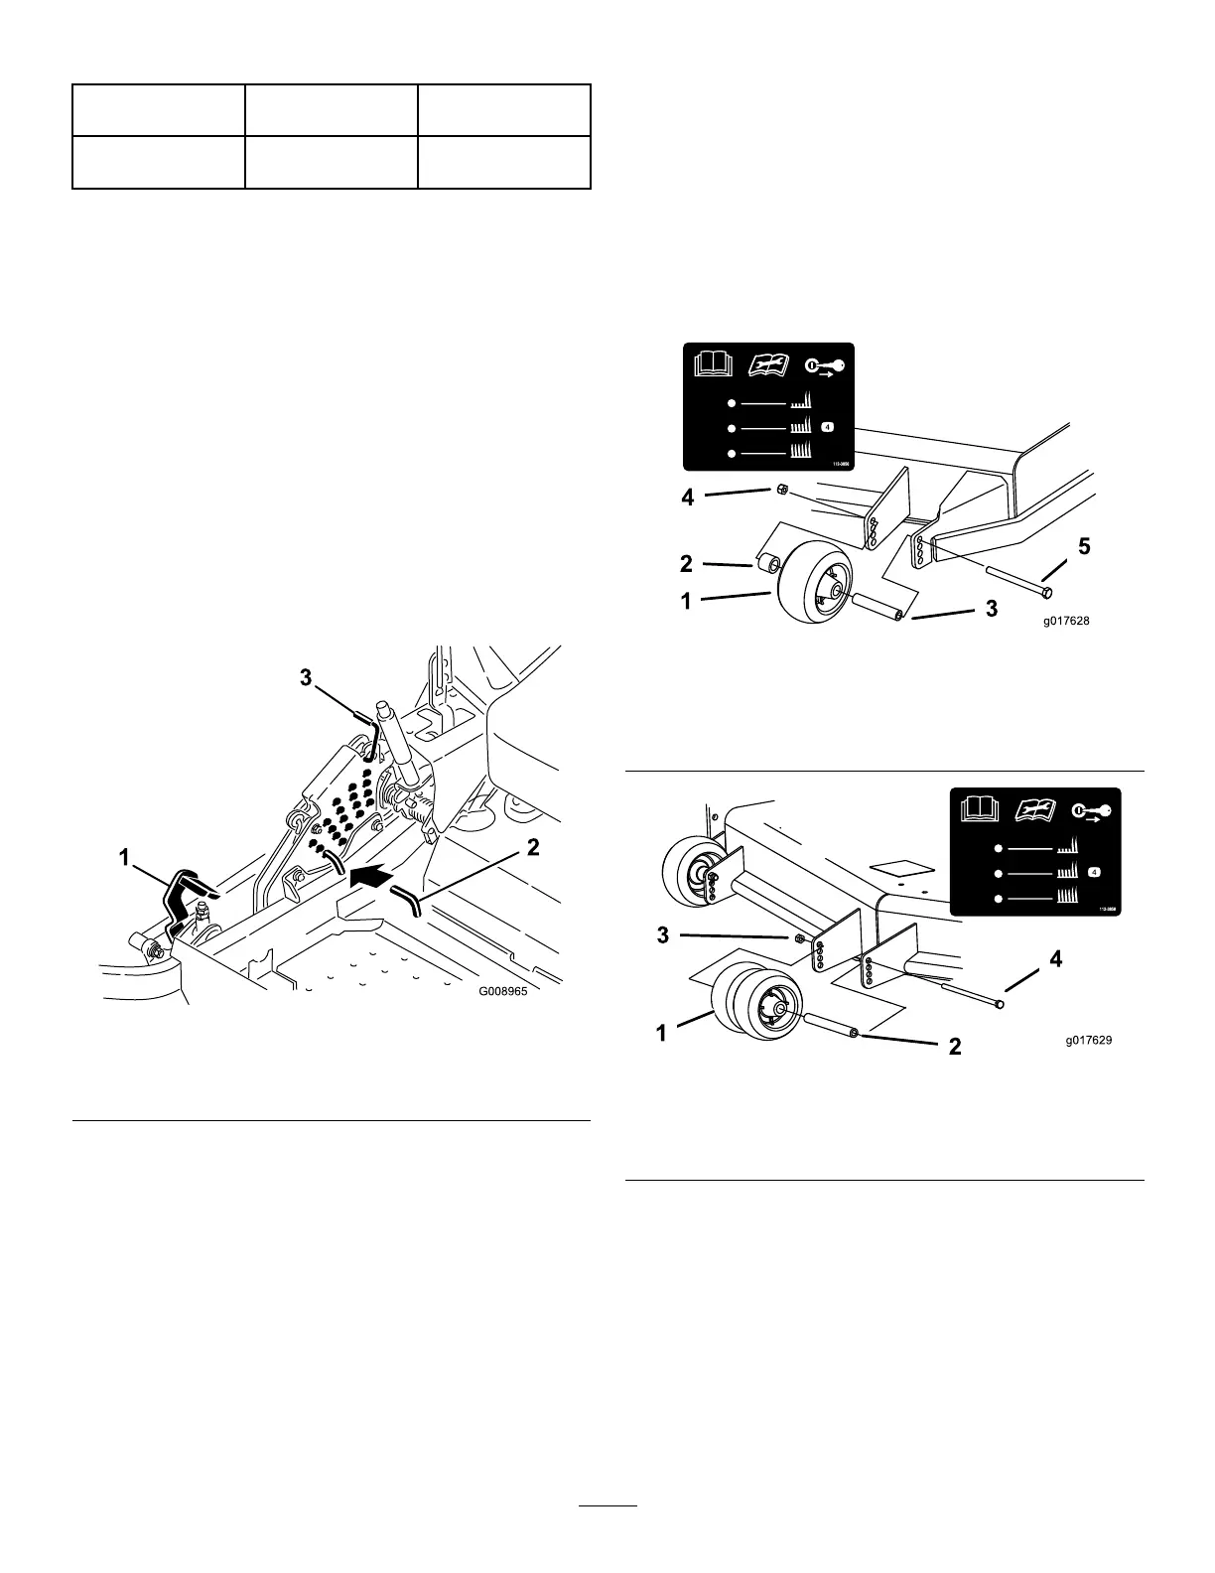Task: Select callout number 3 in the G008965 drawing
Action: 307,678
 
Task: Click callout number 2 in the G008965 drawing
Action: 533,848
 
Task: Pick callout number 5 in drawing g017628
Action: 1084,546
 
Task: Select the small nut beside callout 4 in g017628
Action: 780,490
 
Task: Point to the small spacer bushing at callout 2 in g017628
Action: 767,566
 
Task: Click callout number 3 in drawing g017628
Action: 991,610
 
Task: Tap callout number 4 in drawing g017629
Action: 1056,960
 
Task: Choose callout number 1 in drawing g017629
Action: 662,1033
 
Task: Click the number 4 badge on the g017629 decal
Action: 1094,872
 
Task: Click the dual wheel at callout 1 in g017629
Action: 749,1005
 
